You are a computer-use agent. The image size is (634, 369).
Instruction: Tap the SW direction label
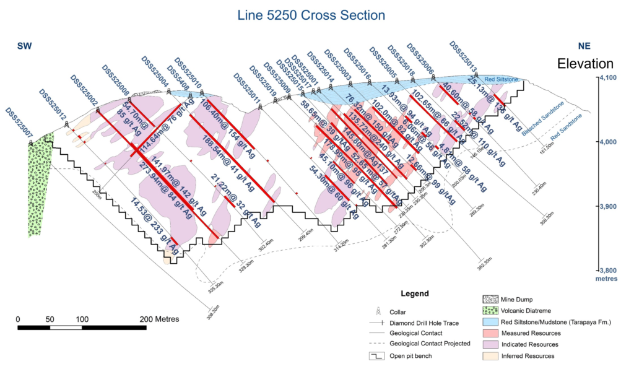coord(24,46)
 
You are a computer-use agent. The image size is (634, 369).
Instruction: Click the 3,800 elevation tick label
coord(610,270)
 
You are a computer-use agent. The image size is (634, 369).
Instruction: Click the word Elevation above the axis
coord(585,64)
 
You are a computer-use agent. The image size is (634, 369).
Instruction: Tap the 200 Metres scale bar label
coord(159,319)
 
